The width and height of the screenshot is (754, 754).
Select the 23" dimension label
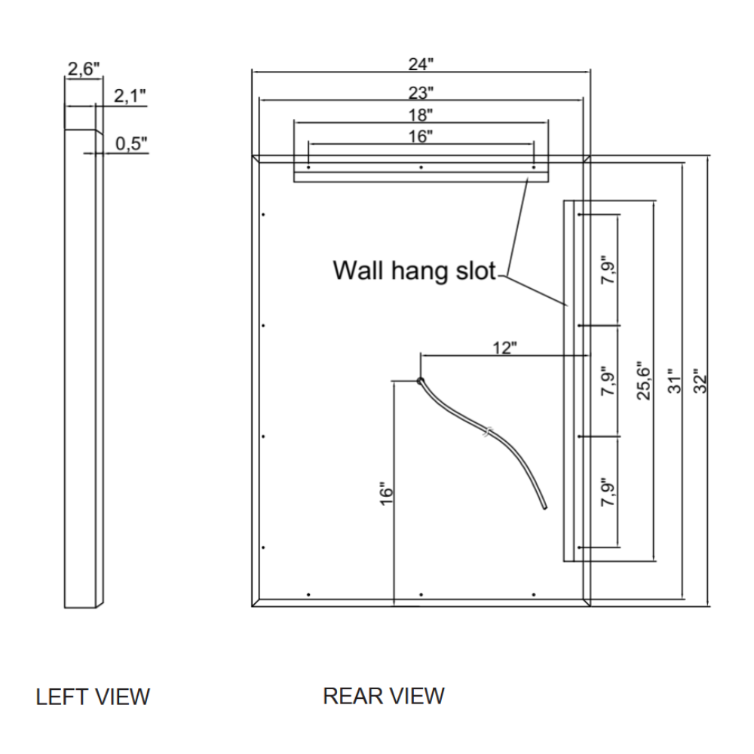[x=421, y=93]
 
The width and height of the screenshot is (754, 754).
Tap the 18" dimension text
[x=421, y=115]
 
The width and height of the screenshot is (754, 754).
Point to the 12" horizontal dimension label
[x=504, y=348]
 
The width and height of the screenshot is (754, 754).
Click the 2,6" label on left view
[x=83, y=70]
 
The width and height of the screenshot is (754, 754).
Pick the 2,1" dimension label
[x=130, y=96]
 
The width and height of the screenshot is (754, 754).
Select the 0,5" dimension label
[x=132, y=143]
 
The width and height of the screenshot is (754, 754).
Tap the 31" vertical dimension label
[x=675, y=380]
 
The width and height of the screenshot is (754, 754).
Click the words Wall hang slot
[x=414, y=270]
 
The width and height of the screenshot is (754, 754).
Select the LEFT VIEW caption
[x=93, y=697]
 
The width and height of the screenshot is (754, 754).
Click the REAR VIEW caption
[x=384, y=695]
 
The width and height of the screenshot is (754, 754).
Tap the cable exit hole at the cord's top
[x=421, y=381]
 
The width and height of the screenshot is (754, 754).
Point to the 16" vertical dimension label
[x=388, y=494]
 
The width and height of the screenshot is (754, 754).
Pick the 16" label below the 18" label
[x=421, y=136]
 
